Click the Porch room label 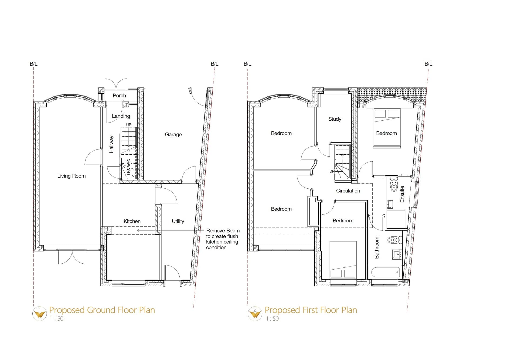pyautogui.click(x=119, y=96)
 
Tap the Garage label pyautogui.click(x=173, y=134)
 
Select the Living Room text pyautogui.click(x=71, y=176)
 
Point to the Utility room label pyautogui.click(x=178, y=221)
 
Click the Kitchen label pyautogui.click(x=132, y=221)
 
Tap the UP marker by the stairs pyautogui.click(x=129, y=125)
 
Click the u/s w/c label pyautogui.click(x=129, y=167)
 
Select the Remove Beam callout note pyautogui.click(x=222, y=239)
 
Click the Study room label pyautogui.click(x=335, y=119)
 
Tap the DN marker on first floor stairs pyautogui.click(x=332, y=171)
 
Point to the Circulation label pyautogui.click(x=348, y=191)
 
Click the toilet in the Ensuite pyautogui.click(x=394, y=185)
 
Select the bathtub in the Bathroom pyautogui.click(x=386, y=272)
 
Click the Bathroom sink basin pyautogui.click(x=397, y=254)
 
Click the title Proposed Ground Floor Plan pyautogui.click(x=102, y=310)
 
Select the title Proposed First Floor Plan pyautogui.click(x=311, y=310)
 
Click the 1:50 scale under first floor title pyautogui.click(x=272, y=319)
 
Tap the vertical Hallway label pyautogui.click(x=111, y=144)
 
